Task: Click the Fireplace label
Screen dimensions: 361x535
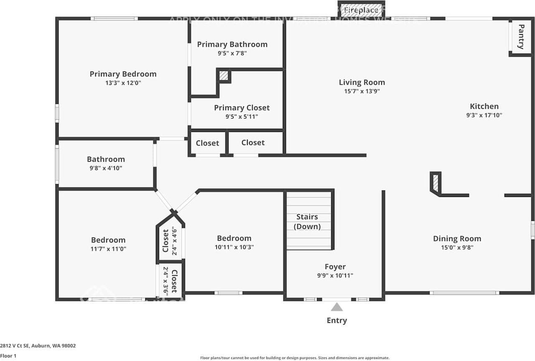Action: coord(361,10)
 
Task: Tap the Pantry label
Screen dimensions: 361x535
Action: coord(521,37)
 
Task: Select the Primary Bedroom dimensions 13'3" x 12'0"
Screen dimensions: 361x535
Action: coord(123,83)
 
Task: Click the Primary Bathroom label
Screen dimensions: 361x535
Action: coord(232,44)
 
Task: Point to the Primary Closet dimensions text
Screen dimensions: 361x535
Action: coord(242,117)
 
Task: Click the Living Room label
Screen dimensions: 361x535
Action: coord(362,82)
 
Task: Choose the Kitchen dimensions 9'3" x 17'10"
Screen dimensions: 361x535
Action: coord(484,116)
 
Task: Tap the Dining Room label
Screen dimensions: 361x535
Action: coord(457,239)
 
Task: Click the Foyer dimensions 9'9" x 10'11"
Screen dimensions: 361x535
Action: coord(335,275)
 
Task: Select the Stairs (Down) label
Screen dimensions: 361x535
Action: coord(307,222)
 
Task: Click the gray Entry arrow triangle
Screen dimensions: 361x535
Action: coord(337,307)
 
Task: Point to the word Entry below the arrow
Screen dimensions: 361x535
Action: coord(337,321)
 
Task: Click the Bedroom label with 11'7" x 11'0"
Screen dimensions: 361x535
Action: coord(108,240)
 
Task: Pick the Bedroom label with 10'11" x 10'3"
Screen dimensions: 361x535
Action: coord(234,238)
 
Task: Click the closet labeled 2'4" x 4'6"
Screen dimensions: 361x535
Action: coord(170,241)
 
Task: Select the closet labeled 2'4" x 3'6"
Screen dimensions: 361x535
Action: coord(170,281)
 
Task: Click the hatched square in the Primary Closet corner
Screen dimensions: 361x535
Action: coord(224,76)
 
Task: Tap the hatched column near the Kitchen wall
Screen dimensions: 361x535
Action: coord(436,183)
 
